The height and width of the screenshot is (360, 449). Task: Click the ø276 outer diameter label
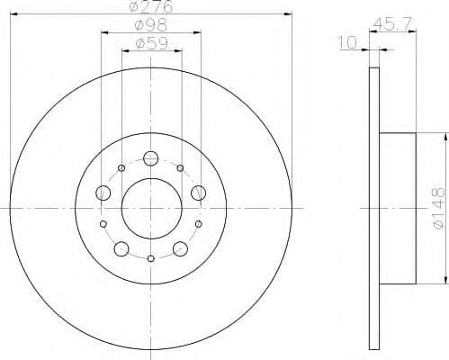[x=150, y=7]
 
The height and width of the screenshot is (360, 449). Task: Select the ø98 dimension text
[x=150, y=25]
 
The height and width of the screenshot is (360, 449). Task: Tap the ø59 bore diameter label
[x=150, y=41]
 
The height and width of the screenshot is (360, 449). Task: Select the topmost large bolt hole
[x=150, y=157]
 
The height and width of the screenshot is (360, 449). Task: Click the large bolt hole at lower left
[x=122, y=248]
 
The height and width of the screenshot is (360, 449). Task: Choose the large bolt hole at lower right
[x=178, y=248]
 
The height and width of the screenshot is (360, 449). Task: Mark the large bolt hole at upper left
[x=103, y=193]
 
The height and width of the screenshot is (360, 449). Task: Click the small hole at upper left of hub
[x=121, y=167]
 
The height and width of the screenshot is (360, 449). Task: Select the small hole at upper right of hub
[x=180, y=167]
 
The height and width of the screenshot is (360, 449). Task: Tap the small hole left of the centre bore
[x=103, y=223]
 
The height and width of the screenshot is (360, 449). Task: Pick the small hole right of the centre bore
[x=199, y=223]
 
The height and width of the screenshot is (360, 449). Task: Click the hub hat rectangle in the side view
[x=398, y=207]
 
